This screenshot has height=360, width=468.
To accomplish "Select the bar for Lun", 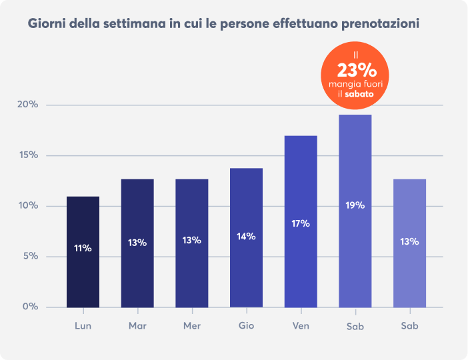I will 83,251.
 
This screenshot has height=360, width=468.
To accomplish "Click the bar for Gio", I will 246,237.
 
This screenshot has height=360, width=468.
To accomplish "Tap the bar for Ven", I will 301,221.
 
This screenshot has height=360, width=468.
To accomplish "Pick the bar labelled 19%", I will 355,211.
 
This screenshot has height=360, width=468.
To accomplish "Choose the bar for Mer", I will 191,243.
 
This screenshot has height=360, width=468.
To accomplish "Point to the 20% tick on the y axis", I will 28,105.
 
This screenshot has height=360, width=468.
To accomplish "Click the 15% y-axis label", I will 28,155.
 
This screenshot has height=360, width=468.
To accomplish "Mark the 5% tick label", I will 30,257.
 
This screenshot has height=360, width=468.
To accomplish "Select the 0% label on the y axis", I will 30,307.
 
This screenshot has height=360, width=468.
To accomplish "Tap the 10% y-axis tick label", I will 28,206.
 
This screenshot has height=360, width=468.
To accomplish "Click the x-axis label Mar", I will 137,327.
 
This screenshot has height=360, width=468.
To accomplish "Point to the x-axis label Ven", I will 301,327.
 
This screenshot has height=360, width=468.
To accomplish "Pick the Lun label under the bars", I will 83,327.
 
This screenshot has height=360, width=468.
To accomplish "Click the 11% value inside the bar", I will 83,248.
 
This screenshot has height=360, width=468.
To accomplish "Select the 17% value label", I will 301,223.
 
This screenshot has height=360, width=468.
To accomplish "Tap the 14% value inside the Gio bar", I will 246,236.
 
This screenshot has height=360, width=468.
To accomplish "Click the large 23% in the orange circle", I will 357,70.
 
